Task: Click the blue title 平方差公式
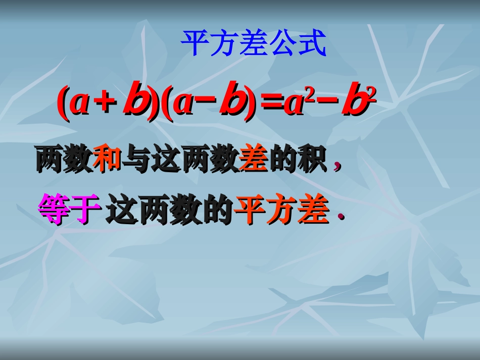[254, 44]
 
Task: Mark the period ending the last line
[341, 218]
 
